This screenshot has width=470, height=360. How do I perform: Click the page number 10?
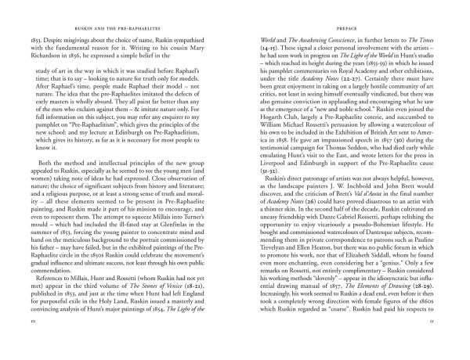tap(31, 342)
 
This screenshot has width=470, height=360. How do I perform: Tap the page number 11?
tap(439, 342)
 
